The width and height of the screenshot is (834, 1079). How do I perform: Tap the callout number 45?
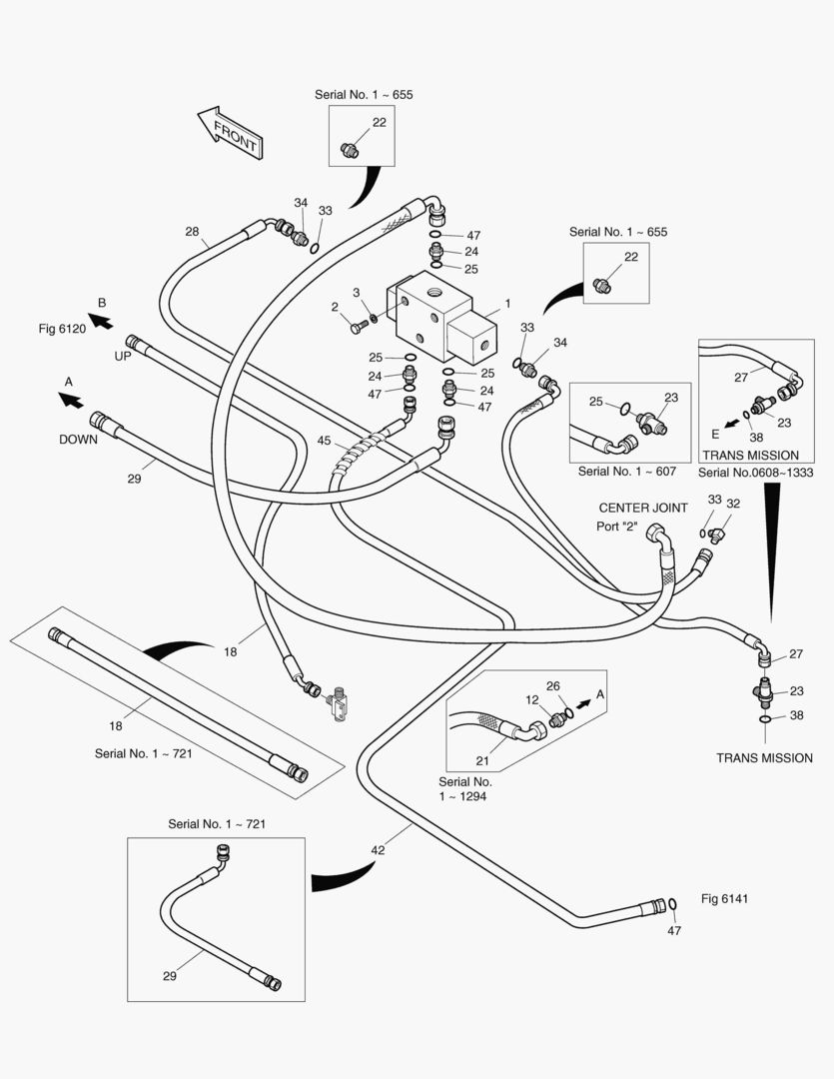tap(324, 441)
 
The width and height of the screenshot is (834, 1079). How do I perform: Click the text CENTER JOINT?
tap(643, 508)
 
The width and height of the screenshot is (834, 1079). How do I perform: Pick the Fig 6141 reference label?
tap(724, 898)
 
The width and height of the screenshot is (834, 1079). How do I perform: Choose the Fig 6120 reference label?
tap(62, 329)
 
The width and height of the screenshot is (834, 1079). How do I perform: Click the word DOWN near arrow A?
tap(79, 439)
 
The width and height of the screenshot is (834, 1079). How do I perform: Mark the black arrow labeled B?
tap(101, 321)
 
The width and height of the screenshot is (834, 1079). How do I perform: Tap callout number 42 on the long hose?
tap(378, 850)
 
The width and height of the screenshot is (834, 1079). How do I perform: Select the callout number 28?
tap(192, 231)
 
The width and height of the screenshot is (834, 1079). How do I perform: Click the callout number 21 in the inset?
tap(482, 760)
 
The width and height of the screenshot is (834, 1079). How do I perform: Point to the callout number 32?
tap(733, 503)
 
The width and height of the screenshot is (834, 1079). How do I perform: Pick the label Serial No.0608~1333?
tap(755, 472)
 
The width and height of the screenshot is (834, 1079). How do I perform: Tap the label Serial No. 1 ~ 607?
tap(627, 472)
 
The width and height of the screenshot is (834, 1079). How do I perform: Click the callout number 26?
tap(553, 686)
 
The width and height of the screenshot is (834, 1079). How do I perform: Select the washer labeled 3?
tap(373, 318)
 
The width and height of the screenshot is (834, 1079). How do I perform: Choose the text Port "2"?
tap(616, 527)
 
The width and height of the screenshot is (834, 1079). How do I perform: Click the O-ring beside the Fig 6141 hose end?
tap(672, 904)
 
